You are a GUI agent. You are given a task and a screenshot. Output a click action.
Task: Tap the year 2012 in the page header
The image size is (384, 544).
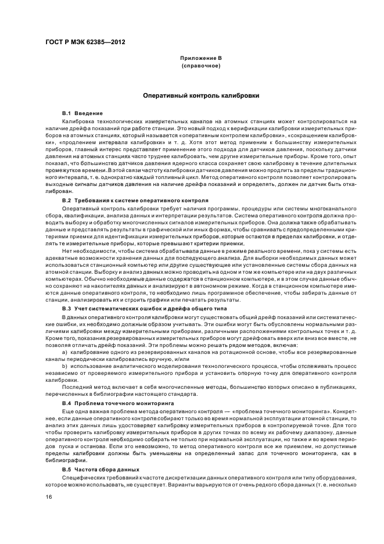pos(116,42)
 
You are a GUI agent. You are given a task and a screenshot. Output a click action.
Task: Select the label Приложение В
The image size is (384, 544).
pos(201,59)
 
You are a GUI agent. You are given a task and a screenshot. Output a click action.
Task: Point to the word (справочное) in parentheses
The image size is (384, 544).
pos(201,66)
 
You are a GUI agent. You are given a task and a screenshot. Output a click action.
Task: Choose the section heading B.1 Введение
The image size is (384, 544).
pos(82,113)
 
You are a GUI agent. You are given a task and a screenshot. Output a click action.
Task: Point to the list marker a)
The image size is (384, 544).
pos(65,352)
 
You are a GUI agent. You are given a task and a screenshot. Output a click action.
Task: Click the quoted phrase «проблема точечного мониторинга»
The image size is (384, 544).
pos(272,410)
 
